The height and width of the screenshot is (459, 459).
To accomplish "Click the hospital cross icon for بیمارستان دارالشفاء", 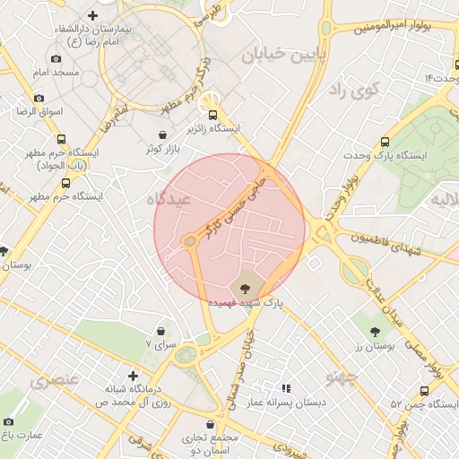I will [94, 15].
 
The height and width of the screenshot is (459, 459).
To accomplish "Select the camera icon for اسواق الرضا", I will [39, 98].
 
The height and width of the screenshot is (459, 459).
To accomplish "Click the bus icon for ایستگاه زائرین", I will [212, 115].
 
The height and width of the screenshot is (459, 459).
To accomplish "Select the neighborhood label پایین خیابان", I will [274, 56].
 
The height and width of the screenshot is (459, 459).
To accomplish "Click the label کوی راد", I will [354, 90].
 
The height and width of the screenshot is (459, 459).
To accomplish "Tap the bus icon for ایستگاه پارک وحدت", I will [385, 142].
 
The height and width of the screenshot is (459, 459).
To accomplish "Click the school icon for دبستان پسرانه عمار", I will [286, 389].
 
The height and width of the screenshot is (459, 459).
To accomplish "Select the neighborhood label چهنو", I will [342, 376].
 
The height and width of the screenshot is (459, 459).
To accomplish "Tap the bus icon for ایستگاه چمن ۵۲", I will [424, 390].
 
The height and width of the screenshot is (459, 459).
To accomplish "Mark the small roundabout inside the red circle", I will [190, 241].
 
